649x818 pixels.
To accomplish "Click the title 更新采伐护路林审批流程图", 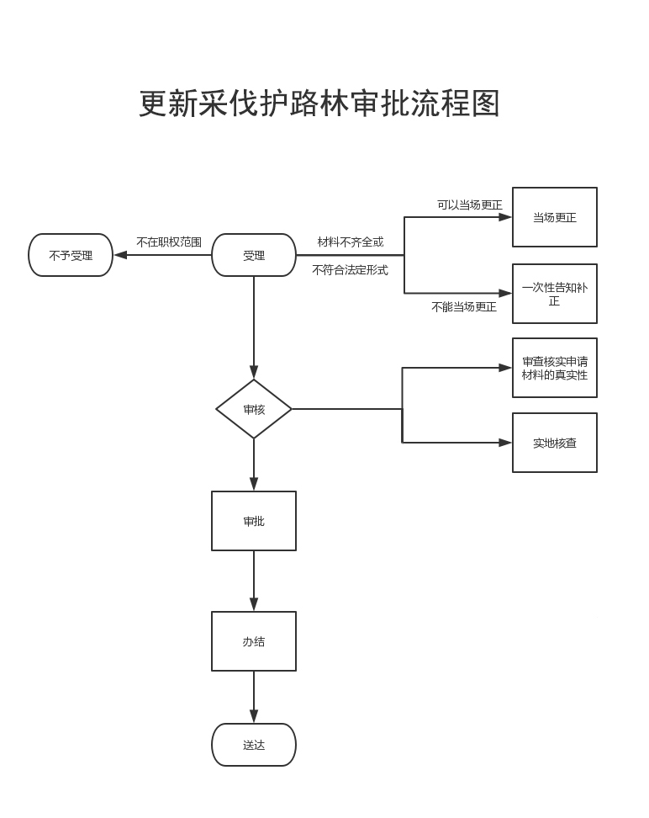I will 319,104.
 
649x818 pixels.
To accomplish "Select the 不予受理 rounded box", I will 71,255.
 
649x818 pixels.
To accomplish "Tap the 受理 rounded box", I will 254,255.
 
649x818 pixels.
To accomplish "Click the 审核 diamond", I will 254,409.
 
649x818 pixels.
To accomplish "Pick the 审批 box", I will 254,521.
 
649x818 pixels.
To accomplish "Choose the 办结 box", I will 254,641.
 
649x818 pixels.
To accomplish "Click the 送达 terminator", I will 254,745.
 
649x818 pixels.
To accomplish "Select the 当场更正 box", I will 555,217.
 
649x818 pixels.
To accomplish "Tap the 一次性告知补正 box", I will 555,294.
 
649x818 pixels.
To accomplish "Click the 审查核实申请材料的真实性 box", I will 555,368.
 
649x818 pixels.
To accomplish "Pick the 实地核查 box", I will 555,443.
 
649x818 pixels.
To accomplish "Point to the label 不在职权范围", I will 169,242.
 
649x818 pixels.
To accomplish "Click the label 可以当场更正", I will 469,204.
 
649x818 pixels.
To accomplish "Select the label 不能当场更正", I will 464,307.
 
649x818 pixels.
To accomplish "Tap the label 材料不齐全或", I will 350,242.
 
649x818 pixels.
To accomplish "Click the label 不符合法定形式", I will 350,270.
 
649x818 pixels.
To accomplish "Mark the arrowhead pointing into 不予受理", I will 120,255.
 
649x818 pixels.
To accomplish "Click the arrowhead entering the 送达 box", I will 254,716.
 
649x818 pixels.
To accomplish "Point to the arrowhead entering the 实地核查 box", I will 505,443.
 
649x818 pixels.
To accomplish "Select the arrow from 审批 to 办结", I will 254,581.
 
